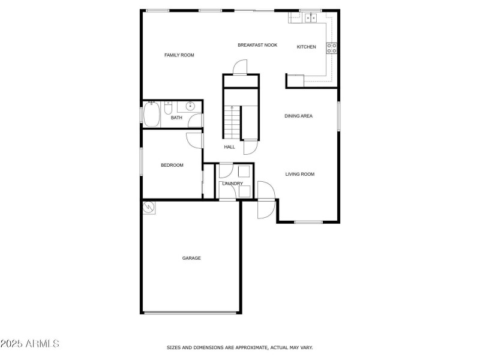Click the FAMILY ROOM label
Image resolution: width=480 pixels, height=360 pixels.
point(179,55)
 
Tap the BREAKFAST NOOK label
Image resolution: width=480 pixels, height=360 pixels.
point(257,45)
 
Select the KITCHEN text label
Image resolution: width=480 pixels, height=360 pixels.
point(306,47)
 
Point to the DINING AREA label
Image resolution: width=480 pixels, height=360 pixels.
point(298,116)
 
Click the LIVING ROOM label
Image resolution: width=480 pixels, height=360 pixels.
point(299,174)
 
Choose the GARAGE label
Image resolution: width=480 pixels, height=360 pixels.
point(191,258)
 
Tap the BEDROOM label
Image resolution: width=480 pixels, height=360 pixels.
point(172,166)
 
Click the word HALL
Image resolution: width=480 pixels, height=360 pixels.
point(229,147)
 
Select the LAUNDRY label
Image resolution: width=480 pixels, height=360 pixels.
point(232,184)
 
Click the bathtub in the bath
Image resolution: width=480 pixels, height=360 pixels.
point(152,114)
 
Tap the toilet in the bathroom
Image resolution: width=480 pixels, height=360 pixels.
point(169,107)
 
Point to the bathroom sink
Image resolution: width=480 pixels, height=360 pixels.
point(190,106)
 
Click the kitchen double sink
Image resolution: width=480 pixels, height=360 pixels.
point(311,18)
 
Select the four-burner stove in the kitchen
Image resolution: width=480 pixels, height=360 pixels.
point(332,48)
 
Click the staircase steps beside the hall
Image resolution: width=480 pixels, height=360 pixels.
point(232,122)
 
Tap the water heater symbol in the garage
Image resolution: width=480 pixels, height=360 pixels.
point(149,207)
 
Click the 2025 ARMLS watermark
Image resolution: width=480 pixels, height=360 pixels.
point(29,343)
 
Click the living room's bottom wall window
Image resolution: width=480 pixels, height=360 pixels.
point(308,222)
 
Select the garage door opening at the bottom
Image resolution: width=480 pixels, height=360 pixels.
point(190,313)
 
